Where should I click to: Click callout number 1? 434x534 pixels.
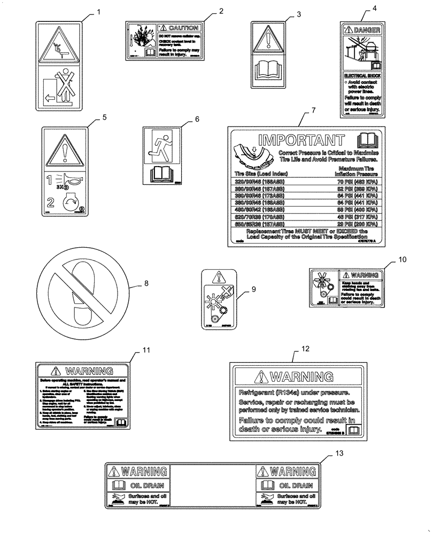(x=97, y=11)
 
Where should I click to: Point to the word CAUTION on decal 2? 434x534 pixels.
(x=182, y=28)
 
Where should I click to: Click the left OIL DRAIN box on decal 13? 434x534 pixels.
(x=138, y=486)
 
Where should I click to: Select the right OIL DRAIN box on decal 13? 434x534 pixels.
(x=287, y=486)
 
